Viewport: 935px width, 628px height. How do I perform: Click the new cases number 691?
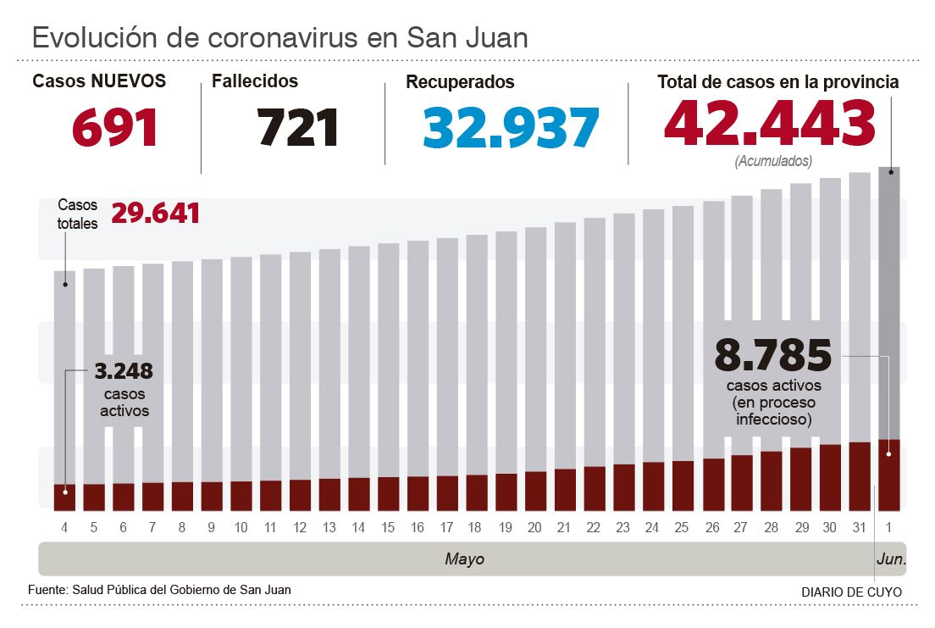coord(115,128)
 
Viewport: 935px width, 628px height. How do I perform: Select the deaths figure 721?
coord(298,128)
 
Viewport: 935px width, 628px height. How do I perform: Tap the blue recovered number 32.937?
coord(511,128)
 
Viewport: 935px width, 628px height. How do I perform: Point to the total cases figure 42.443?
coord(769,124)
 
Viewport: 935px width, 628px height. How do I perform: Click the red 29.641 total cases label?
coord(156,214)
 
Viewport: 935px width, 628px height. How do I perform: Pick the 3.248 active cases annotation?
coord(124,372)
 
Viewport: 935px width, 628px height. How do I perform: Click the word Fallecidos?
coord(255,81)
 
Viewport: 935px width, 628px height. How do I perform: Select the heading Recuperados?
coord(460,82)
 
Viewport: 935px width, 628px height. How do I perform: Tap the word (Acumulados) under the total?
coord(773,160)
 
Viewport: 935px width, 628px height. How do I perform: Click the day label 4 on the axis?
coord(64,528)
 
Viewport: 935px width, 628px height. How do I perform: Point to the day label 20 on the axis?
coord(534,528)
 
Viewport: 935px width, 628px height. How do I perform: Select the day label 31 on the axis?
coord(859,528)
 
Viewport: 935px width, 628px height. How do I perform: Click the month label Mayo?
coord(464,559)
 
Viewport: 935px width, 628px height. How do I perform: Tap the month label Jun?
coord(890,559)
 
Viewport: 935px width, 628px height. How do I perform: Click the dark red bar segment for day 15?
coord(388,494)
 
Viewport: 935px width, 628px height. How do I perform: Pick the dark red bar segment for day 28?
coord(771,481)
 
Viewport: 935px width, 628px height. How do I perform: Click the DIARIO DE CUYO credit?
coord(851,592)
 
